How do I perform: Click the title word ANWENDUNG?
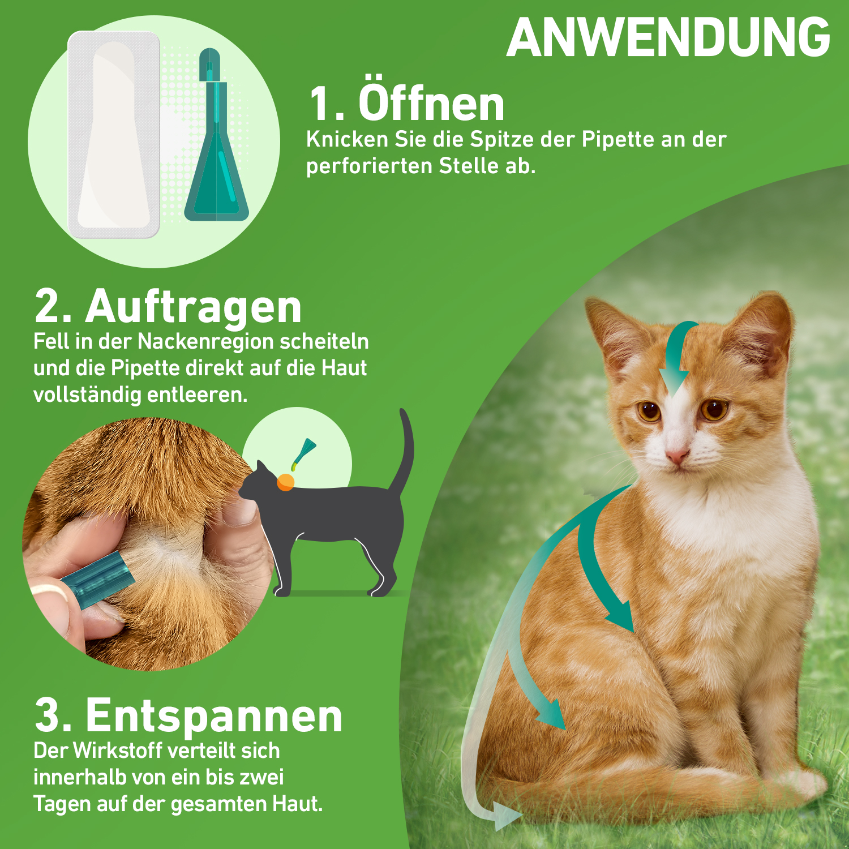(x=668, y=37)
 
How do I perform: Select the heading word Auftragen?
(x=194, y=306)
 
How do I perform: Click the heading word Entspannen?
(x=214, y=715)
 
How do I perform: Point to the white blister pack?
(x=114, y=134)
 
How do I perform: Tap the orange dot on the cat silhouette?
(x=285, y=482)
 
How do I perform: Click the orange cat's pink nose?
(x=676, y=455)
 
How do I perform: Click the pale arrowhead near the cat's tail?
(x=505, y=816)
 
